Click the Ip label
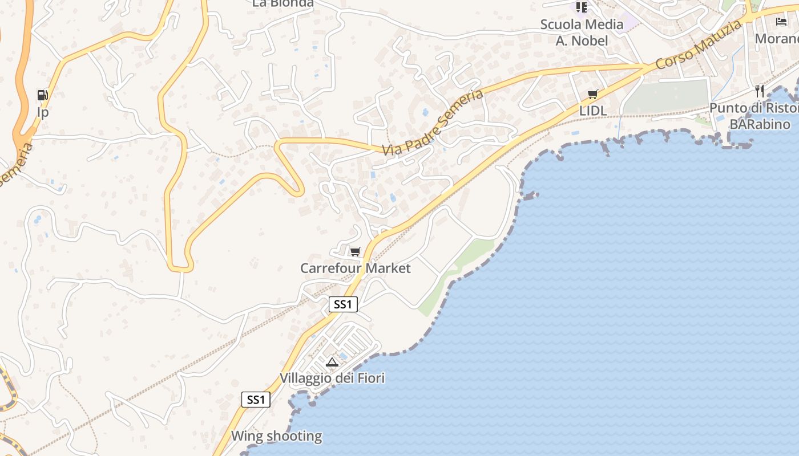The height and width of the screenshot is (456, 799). click(x=43, y=112)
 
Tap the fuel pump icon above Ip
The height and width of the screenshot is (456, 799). click(x=43, y=95)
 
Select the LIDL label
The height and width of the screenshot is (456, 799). click(x=593, y=111)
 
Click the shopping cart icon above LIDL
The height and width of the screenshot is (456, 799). click(x=593, y=94)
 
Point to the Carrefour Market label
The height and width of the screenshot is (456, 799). click(x=355, y=268)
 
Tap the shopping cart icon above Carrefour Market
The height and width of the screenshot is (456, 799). click(x=356, y=251)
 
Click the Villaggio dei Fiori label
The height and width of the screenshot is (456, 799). click(x=332, y=378)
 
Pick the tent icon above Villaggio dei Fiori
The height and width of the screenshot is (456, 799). click(x=332, y=362)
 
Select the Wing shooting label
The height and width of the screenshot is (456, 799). click(x=276, y=437)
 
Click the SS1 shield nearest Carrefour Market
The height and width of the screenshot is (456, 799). click(x=343, y=304)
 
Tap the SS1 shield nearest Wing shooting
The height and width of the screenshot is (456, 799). click(x=256, y=400)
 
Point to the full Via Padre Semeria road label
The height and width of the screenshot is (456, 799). click(x=434, y=123)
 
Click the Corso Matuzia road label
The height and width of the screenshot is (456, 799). click(x=699, y=44)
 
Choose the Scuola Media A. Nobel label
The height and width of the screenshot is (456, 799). click(x=582, y=32)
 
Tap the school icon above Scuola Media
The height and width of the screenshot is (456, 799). click(x=582, y=7)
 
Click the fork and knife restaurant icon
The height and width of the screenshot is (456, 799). click(x=759, y=91)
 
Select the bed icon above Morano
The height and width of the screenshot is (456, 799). click(x=781, y=22)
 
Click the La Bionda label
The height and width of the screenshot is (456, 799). click(x=283, y=3)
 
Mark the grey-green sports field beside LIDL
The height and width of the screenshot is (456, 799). click(x=666, y=96)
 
